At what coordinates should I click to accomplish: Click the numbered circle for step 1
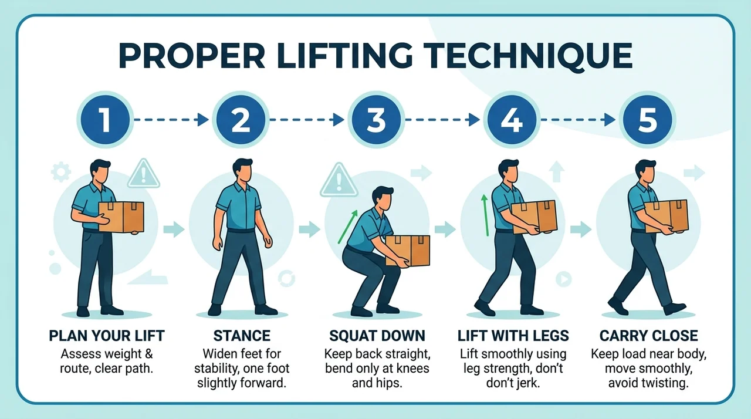(x=105, y=120)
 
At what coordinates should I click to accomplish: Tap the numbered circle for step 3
(x=376, y=120)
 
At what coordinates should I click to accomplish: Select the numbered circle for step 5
(x=647, y=120)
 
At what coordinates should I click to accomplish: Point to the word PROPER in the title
(x=192, y=56)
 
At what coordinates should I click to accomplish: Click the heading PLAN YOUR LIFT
(x=107, y=336)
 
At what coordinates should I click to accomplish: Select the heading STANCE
(x=242, y=336)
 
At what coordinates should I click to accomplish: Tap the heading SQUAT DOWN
(x=377, y=336)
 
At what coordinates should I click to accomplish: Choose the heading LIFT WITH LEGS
(x=513, y=336)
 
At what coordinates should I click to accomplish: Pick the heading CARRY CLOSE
(x=649, y=336)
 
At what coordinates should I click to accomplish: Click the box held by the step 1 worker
(x=121, y=217)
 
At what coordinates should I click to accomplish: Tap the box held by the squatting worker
(x=408, y=251)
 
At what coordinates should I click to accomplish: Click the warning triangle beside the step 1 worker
(x=144, y=174)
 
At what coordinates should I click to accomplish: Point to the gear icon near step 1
(x=60, y=173)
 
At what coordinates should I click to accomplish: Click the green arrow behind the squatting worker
(x=348, y=227)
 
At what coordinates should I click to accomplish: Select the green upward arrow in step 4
(x=485, y=215)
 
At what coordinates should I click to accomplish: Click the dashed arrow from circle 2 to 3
(x=306, y=120)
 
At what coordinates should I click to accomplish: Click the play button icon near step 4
(x=564, y=279)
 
